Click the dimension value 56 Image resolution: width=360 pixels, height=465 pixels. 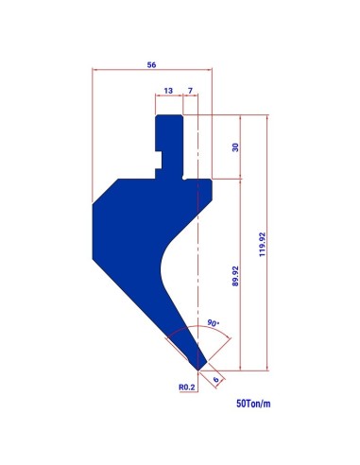point(151,65)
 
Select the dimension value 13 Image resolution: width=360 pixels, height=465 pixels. point(168,91)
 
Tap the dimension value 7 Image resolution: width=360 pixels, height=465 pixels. point(190,91)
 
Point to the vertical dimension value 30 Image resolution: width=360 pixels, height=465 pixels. point(235,147)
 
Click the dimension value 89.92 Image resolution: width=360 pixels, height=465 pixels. point(235,276)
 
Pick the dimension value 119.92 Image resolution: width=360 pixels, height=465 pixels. point(263,245)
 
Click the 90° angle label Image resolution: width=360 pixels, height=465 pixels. point(214,323)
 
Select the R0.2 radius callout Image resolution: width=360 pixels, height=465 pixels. point(187,387)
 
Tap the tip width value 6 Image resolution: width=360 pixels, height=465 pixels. point(215,379)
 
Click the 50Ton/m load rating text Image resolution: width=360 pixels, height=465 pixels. point(253,404)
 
